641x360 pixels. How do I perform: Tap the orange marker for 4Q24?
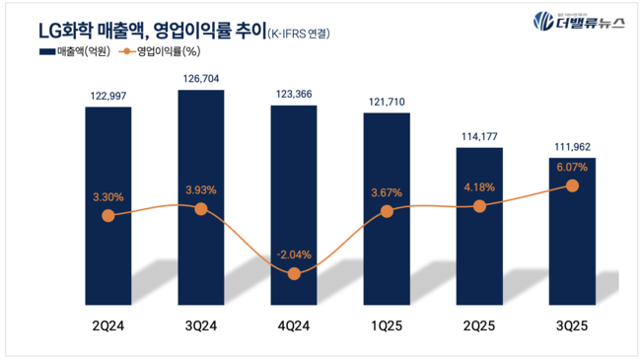[294, 273]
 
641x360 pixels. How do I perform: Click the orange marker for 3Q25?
[572, 185]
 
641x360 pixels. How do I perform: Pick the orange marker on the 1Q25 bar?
[387, 212]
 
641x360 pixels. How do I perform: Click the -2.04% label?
[294, 254]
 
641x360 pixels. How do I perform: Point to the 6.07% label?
[572, 167]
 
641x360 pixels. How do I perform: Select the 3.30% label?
[108, 197]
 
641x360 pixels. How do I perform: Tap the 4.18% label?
[479, 187]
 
